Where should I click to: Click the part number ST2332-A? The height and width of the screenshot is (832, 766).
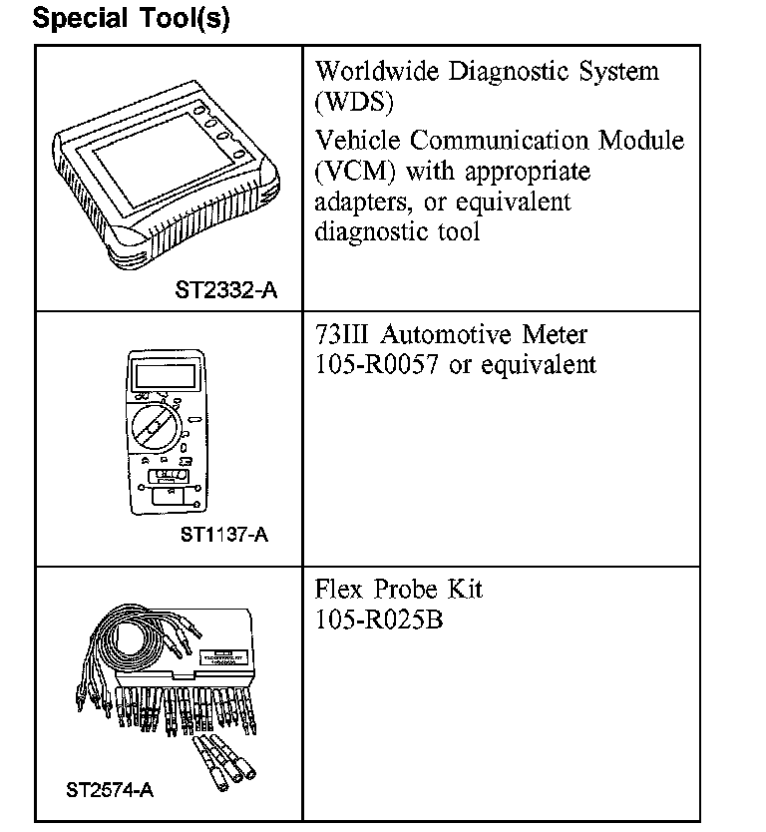point(225,291)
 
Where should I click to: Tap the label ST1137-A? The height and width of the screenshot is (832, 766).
point(223,535)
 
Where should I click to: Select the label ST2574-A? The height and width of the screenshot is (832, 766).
point(110,790)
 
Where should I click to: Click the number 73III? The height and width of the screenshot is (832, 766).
point(343,334)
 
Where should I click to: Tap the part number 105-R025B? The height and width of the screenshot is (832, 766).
point(380,620)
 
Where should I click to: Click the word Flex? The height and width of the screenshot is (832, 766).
point(337,589)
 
